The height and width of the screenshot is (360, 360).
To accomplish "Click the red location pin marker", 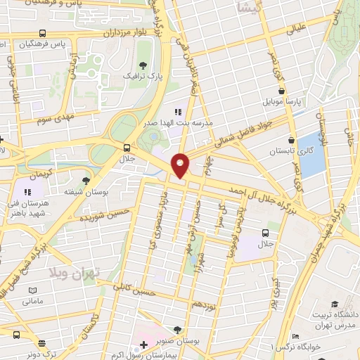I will (x=181, y=165).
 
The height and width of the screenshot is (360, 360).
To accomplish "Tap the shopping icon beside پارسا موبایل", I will (x=281, y=91).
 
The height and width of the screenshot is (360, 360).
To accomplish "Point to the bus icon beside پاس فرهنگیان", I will (x=44, y=33).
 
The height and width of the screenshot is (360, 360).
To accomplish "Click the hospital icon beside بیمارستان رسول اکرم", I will (x=144, y=345).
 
